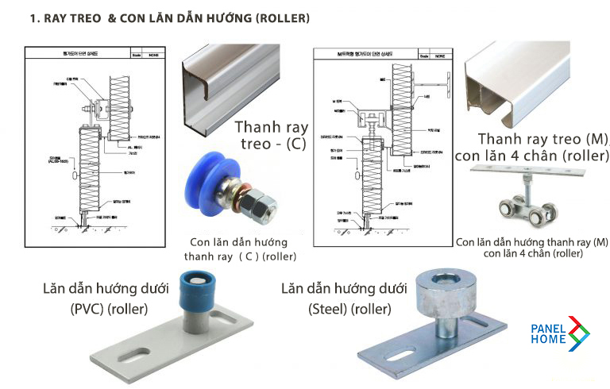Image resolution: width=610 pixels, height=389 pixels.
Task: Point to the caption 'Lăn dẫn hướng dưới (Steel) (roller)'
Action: pyautogui.click(x=346, y=298)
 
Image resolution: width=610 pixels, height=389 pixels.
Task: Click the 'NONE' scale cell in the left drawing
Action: pyautogui.click(x=151, y=55)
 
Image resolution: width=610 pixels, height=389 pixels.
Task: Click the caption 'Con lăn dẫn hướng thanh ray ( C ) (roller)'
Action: pyautogui.click(x=239, y=248)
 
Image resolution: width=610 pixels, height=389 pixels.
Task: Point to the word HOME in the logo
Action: pyautogui.click(x=547, y=339)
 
